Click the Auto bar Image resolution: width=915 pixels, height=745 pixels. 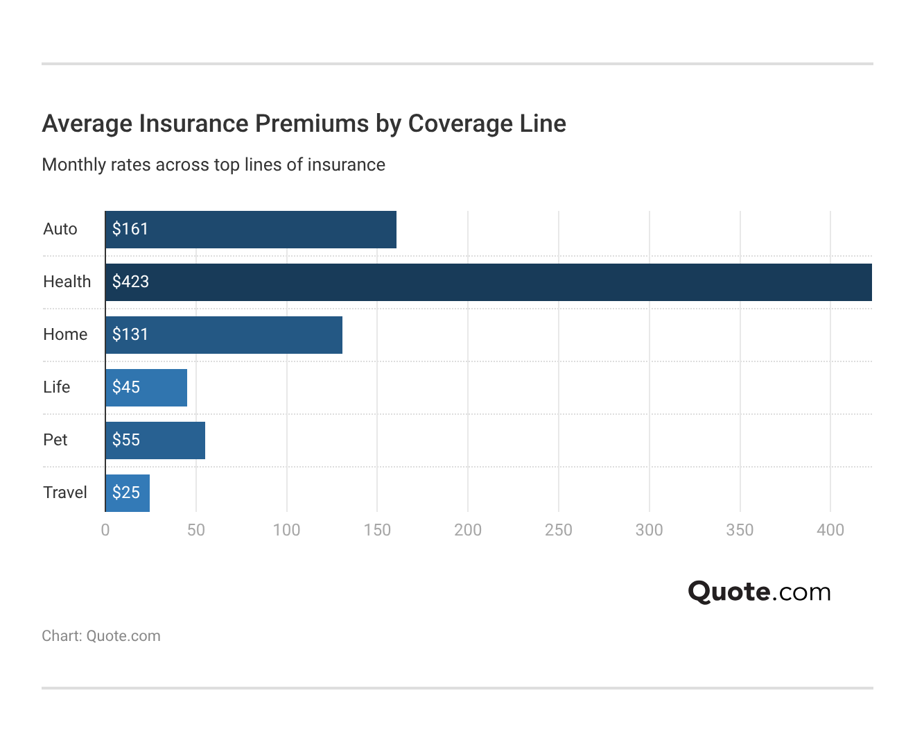(251, 230)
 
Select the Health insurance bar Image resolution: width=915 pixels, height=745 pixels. (489, 282)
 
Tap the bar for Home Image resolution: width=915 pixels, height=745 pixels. (224, 335)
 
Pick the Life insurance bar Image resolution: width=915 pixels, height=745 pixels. (146, 388)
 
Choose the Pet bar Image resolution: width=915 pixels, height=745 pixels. (155, 440)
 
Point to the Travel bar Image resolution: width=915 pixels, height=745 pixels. (128, 493)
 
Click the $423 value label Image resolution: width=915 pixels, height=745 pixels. (131, 282)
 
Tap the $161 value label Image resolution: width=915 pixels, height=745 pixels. (130, 229)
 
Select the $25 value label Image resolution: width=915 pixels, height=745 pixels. (126, 493)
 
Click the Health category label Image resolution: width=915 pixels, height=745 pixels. (67, 282)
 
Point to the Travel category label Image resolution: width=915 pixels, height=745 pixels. (65, 493)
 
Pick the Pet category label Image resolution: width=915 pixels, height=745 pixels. (55, 440)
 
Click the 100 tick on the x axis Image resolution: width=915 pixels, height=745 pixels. (286, 530)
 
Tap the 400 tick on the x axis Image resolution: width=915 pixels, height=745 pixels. (830, 530)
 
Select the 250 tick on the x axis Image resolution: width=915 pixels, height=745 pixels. (559, 530)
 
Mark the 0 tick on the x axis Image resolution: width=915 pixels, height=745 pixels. (105, 530)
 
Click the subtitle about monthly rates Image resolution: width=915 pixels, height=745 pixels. (214, 165)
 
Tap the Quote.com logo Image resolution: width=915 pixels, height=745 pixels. (759, 592)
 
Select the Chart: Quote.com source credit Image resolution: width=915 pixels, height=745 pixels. (101, 636)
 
